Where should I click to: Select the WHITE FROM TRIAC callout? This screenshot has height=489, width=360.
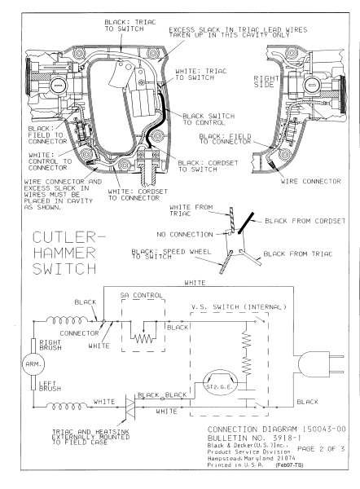pos(197,211)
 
